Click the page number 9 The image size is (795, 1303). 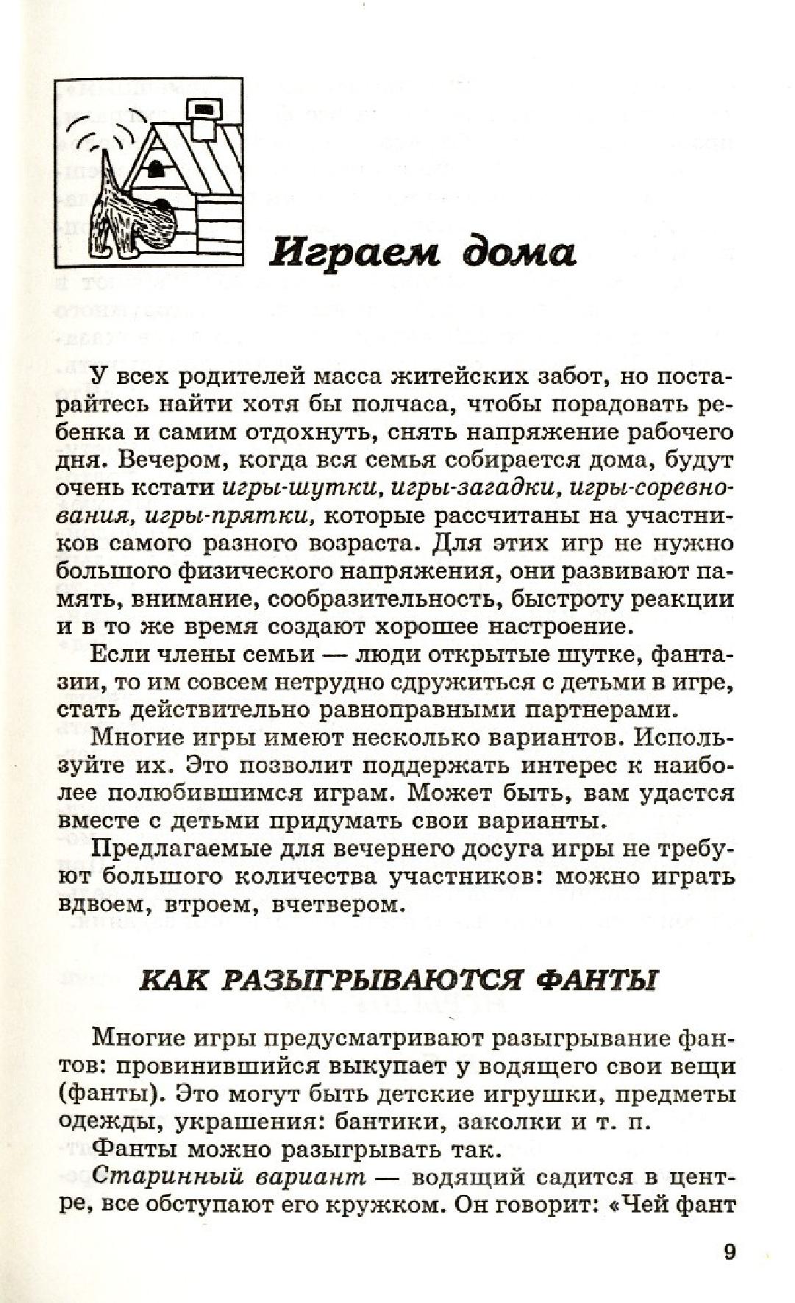pyautogui.click(x=729, y=1251)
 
